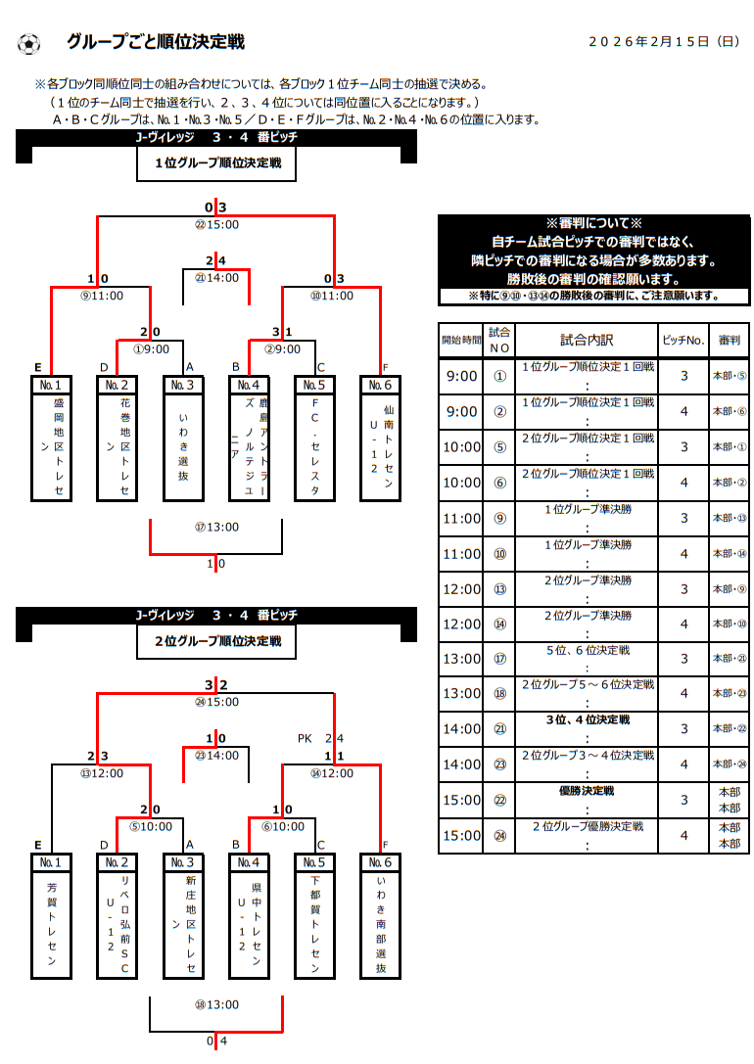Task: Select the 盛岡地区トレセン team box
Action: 51,439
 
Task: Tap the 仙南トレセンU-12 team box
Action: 380,439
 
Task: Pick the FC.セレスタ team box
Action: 314,439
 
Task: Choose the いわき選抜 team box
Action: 183,439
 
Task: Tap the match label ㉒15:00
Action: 216,224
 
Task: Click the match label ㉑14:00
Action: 216,277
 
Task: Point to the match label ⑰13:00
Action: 216,528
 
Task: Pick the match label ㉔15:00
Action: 216,702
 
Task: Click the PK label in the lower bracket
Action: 305,738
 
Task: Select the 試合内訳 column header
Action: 587,341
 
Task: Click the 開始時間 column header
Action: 461,341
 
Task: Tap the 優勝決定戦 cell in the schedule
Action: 587,791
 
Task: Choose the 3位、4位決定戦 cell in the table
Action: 587,720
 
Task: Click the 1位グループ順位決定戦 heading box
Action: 216,164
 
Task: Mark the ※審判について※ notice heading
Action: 593,223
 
